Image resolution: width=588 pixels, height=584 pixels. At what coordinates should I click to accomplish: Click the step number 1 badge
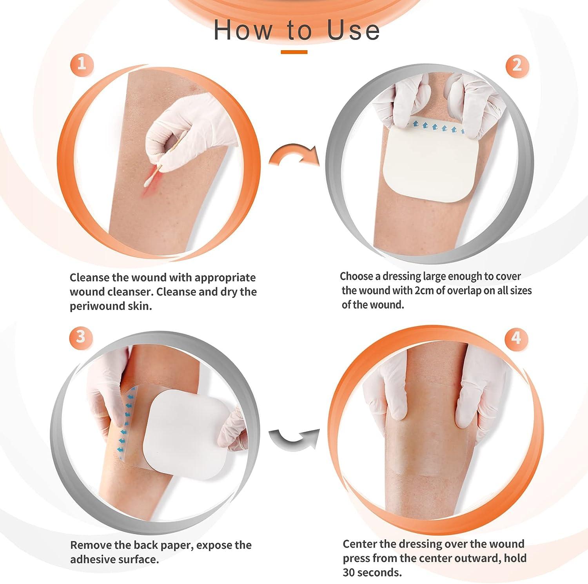(x=82, y=63)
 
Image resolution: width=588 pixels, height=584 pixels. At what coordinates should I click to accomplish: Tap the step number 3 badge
(x=81, y=337)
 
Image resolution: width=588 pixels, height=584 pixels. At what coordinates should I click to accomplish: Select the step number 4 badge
(x=516, y=337)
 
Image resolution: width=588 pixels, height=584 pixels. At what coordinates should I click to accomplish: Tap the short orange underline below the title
(x=294, y=52)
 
